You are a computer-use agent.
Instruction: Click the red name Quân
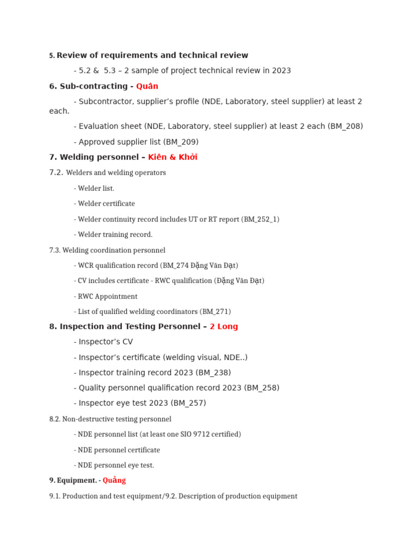click(147, 86)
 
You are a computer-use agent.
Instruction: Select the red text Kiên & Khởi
click(173, 157)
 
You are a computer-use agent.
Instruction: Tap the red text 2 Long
click(224, 326)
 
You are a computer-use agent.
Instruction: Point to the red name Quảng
click(114, 480)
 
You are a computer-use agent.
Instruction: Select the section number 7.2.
click(56, 172)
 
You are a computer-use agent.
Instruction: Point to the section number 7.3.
click(54, 250)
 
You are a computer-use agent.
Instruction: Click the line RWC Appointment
click(107, 296)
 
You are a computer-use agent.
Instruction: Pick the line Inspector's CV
click(106, 342)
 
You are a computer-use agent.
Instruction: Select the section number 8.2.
click(54, 419)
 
